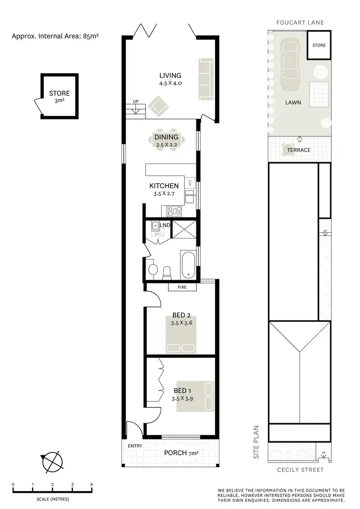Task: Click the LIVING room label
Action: coord(170,76)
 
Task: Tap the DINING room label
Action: coord(167,137)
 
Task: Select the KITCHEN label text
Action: coord(164,186)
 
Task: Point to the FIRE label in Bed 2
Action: coord(182,288)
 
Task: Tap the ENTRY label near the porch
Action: coord(135,446)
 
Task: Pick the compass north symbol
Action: coord(52,462)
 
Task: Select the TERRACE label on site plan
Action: coord(299,150)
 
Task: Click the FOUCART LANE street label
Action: coord(300,23)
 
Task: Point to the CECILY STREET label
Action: coord(300,470)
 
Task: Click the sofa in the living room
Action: coord(206,79)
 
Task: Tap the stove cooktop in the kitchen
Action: coord(174,210)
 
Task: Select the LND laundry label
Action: coord(165,225)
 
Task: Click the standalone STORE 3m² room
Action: coord(59,96)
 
